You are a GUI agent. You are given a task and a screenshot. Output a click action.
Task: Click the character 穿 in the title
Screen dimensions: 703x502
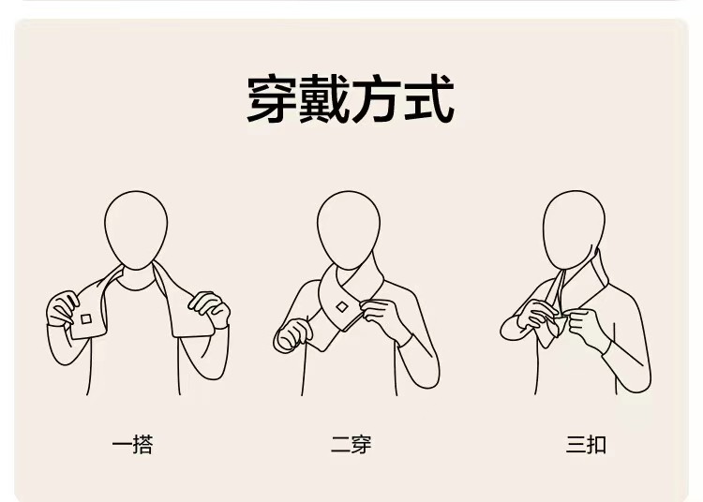coord(273,99)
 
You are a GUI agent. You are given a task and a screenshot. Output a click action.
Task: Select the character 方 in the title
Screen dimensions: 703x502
coord(376,99)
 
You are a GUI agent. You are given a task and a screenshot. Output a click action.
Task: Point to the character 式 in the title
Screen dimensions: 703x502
coord(429,99)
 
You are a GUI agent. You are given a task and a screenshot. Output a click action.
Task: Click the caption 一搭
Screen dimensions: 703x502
coord(133,445)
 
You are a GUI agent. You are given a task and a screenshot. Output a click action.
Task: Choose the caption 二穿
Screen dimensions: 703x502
coord(351,445)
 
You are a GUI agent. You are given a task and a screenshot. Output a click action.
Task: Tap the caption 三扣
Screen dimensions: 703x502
coord(586,445)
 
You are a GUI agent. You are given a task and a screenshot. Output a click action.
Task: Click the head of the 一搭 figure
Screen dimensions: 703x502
coord(136,230)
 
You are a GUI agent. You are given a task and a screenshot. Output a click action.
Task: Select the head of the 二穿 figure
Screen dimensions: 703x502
coord(349,230)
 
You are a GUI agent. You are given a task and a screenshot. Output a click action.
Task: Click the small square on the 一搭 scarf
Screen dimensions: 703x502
coord(86,319)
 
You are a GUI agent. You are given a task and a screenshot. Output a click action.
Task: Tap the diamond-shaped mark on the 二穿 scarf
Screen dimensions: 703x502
coord(342,307)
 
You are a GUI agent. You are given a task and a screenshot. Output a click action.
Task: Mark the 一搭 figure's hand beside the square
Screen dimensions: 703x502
coord(61,309)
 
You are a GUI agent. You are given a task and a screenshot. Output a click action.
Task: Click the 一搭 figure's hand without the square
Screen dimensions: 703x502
coord(210,309)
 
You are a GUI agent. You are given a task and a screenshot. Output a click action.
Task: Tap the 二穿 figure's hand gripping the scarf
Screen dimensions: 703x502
coord(381,316)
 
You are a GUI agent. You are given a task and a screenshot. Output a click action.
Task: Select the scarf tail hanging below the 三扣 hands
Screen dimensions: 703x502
coord(550,332)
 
